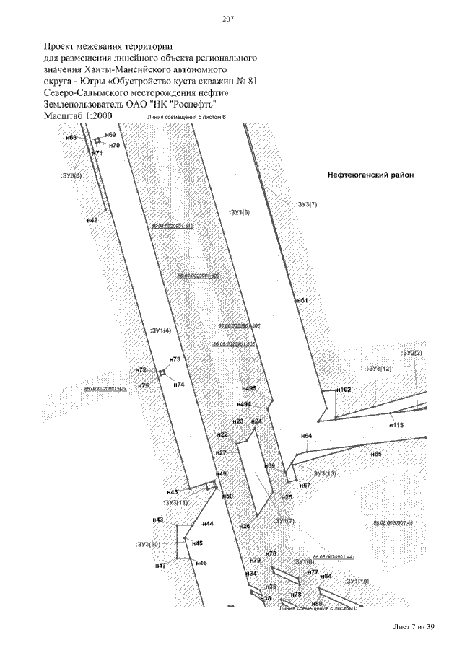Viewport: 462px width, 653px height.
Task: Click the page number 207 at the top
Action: coord(230,19)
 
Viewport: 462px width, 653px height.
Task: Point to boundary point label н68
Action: coord(71,137)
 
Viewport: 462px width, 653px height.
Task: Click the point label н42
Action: coord(92,219)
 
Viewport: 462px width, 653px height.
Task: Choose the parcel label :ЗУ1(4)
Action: coord(160,330)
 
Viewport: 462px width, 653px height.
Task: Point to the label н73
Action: coord(174,359)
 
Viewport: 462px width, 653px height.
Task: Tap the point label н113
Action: coord(396,425)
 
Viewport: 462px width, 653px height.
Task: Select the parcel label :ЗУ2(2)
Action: coord(411,353)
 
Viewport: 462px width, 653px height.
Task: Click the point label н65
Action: coord(376,455)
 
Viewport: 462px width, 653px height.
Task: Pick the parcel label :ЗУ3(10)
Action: coord(148,543)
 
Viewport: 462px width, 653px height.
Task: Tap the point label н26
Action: coord(245,527)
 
